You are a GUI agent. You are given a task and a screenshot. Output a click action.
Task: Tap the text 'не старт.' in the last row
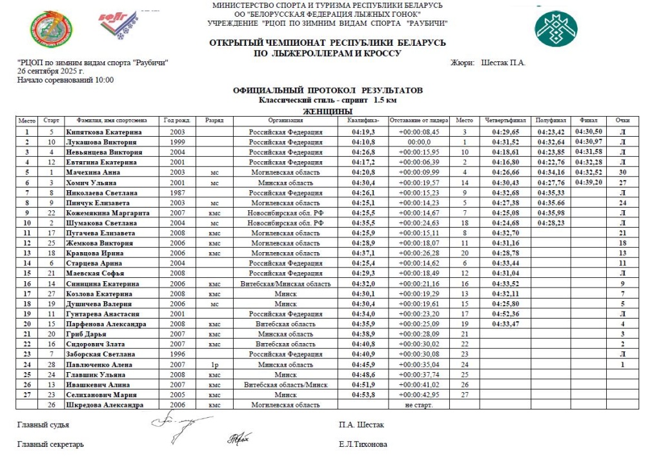[418, 405]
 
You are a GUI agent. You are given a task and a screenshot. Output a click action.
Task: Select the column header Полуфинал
[553, 121]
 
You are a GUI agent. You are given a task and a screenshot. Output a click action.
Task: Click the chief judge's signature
[174, 423]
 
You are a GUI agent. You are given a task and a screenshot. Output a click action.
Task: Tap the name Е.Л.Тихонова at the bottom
[363, 444]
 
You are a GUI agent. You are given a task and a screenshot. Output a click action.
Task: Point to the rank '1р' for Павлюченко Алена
[215, 364]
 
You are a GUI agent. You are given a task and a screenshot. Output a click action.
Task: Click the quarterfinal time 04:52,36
[506, 313]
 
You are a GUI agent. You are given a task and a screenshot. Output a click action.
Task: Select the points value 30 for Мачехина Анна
[622, 172]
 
